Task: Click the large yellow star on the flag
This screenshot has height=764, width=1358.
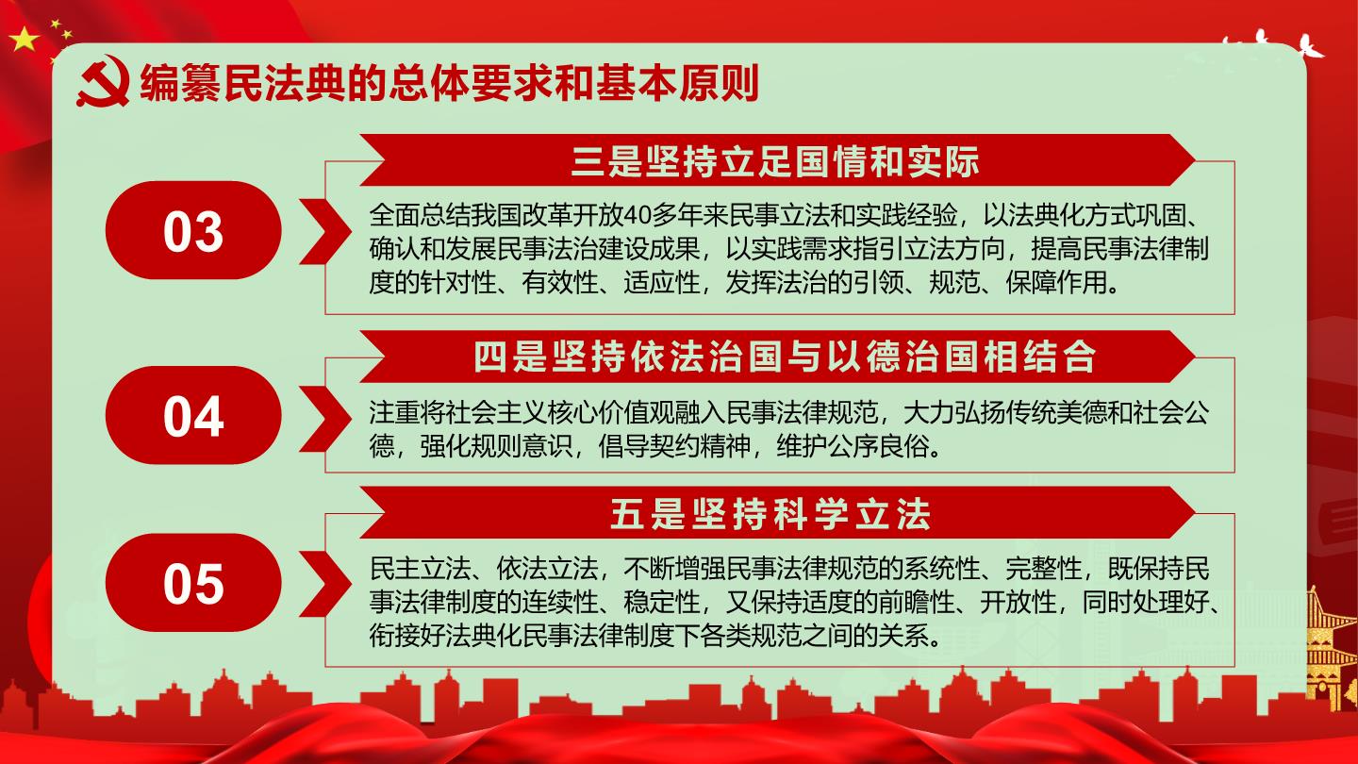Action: coord(24,40)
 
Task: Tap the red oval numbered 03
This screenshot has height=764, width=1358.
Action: coord(193,230)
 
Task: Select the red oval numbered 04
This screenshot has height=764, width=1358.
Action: coord(193,415)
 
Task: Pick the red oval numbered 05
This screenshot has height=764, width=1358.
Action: coord(193,583)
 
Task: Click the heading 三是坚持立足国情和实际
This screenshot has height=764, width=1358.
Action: coord(775,161)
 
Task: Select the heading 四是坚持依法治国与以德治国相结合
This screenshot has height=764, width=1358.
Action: coord(785,357)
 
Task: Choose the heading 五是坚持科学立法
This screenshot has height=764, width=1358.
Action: coord(770,514)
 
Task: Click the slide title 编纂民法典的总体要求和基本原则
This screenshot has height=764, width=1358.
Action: coord(449,82)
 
